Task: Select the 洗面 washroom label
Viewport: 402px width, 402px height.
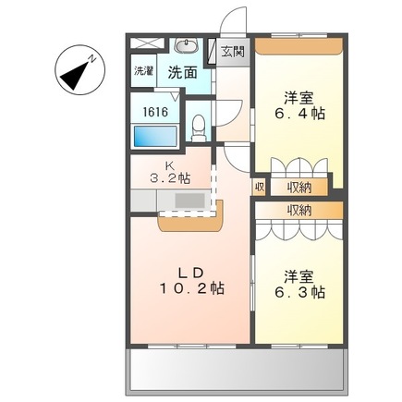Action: [181, 71]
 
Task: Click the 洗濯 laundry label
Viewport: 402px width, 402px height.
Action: [143, 71]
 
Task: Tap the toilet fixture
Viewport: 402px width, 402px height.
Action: [200, 128]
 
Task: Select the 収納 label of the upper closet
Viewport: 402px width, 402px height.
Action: [301, 186]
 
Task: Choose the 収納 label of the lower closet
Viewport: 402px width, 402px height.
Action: [298, 210]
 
